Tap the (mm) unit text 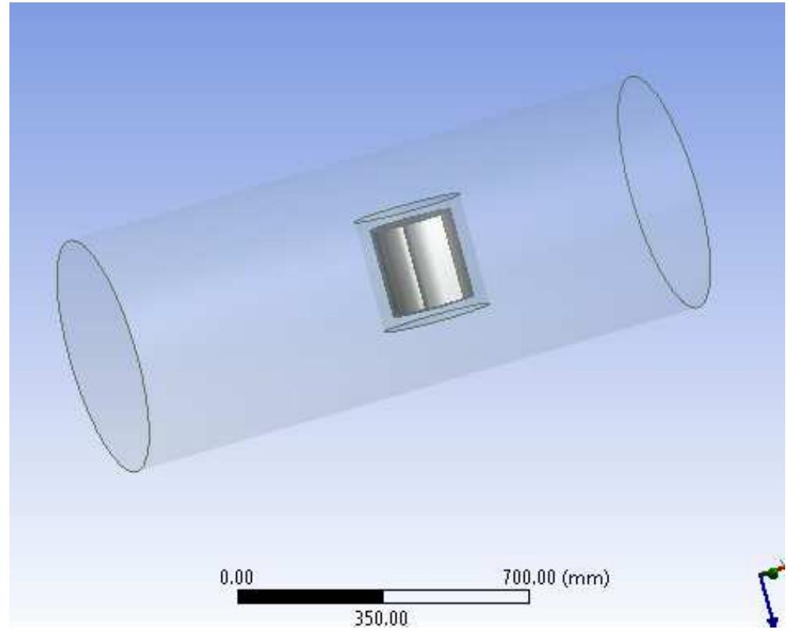(x=591, y=579)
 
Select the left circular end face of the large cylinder (x=102, y=356)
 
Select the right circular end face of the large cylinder (x=664, y=192)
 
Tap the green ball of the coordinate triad (x=771, y=574)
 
